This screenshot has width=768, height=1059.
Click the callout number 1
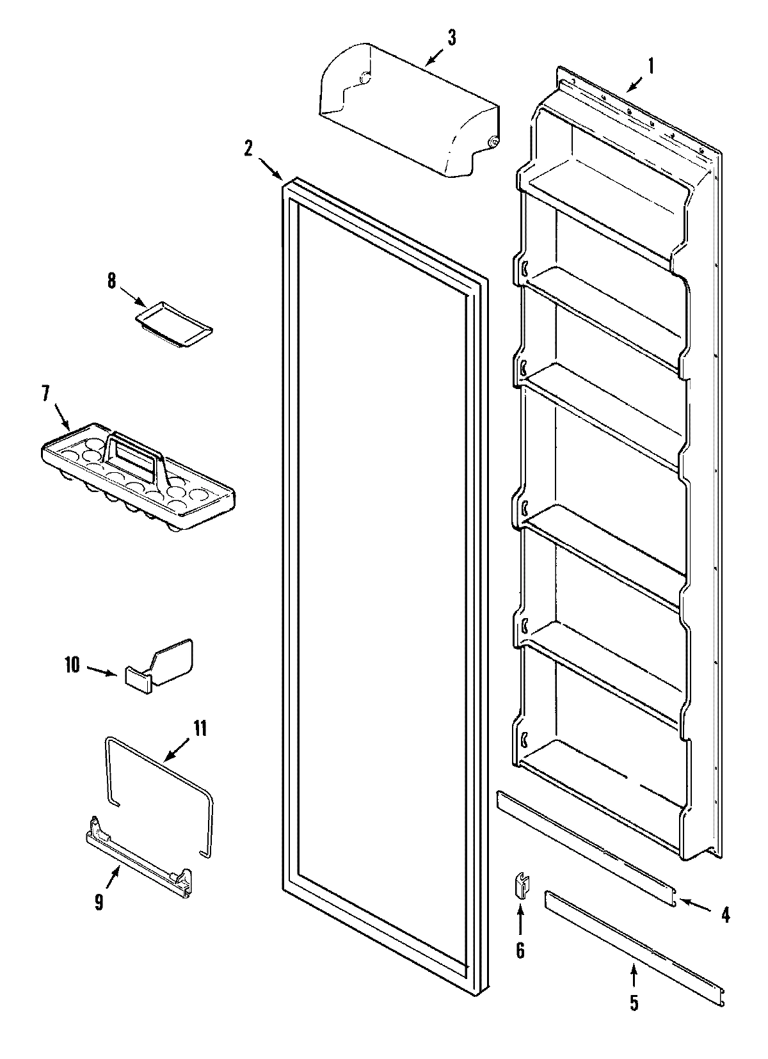(651, 65)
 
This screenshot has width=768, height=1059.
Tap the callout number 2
(248, 147)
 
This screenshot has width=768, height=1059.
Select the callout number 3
(451, 38)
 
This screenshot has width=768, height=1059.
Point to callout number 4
(725, 916)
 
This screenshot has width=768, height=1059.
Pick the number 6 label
(520, 951)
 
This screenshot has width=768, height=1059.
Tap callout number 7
(46, 394)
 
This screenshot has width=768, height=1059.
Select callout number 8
(112, 281)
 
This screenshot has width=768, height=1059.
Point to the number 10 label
(72, 665)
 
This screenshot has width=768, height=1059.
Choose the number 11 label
(200, 729)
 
